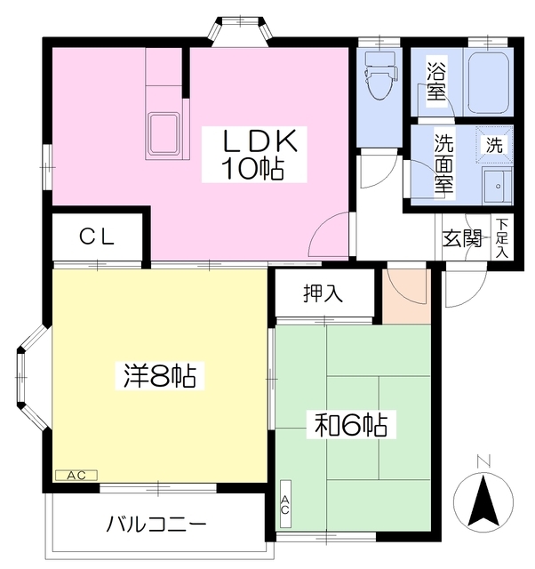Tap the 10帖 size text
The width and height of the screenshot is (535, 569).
coord(252,169)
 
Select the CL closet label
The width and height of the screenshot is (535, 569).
coord(96,236)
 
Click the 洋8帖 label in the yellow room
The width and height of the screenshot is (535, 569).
coord(159,377)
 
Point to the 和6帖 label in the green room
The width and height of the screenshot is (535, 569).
coord(350,425)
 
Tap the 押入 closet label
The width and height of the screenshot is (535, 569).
coord(323,294)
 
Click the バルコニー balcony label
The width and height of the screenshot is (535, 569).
coord(156,524)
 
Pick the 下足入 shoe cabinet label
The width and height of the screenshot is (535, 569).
coord(503,238)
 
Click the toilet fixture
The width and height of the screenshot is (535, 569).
coord(379,80)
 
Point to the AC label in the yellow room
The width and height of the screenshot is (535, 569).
coord(76,476)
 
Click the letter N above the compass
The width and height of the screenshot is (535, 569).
coord(483,461)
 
